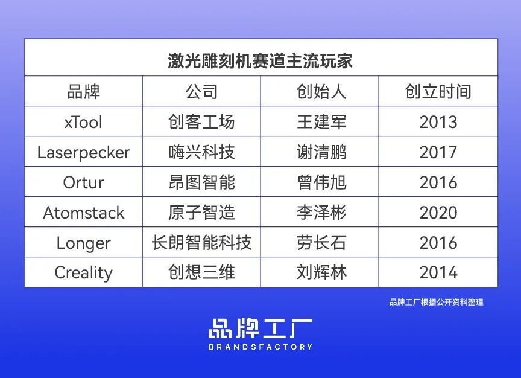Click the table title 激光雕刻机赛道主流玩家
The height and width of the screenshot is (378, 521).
coord(260,61)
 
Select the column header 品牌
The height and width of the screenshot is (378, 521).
coord(83,92)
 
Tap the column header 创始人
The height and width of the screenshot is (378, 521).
coord(321,92)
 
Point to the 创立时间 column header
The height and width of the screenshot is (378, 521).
coord(438,92)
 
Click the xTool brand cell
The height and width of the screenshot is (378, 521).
coord(83,123)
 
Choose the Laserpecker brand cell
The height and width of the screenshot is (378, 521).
coord(83,153)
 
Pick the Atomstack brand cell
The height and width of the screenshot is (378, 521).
coord(83,213)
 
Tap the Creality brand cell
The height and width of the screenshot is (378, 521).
coord(83,272)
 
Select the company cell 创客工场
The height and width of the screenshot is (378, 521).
coord(201,123)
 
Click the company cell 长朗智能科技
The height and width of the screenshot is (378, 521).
coord(201,243)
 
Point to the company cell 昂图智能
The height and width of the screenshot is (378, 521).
coord(201,182)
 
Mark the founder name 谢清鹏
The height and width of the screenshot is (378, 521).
coord(321,153)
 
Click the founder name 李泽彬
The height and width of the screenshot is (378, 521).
coord(321,213)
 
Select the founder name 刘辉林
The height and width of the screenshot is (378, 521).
coord(321,272)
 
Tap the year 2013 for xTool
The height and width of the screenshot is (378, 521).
coord(438,123)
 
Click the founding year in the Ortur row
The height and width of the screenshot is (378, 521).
coord(438,182)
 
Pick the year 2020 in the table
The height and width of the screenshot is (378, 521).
coord(438,213)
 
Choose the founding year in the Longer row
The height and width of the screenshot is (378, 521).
coord(438,243)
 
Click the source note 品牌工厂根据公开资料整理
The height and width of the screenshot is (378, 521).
coord(436,302)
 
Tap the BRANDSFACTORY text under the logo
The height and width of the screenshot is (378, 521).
coord(260,347)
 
